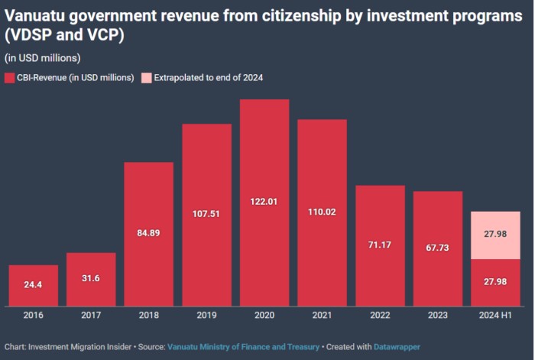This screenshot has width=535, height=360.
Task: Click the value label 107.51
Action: (206, 214)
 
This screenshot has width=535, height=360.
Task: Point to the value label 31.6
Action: (91, 278)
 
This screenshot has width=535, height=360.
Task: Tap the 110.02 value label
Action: (322, 211)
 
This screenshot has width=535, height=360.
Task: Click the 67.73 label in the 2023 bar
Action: (438, 248)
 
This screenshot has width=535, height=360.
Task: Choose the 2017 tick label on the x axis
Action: (91, 314)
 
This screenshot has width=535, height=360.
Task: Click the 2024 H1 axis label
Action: (496, 314)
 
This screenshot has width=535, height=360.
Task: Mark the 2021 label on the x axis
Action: (322, 314)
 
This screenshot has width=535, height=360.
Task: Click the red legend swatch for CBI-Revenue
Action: (10, 78)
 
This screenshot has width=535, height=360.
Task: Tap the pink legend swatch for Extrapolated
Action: (147, 78)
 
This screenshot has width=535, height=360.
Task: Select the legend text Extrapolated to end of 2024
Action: (209, 78)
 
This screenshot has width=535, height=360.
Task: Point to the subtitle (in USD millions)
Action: (42, 57)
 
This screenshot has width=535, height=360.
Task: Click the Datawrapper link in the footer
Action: (397, 346)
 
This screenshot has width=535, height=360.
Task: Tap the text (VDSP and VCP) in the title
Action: (62, 36)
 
